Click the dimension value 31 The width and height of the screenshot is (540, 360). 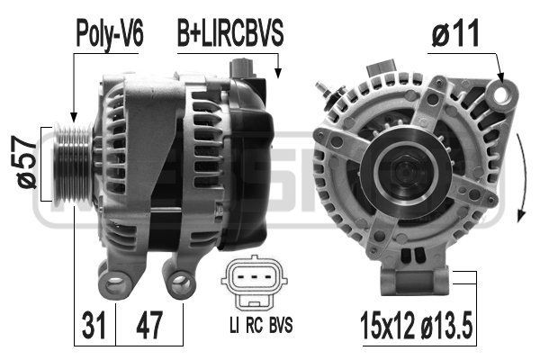point(93,322)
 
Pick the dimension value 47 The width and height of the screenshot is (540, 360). point(148,322)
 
